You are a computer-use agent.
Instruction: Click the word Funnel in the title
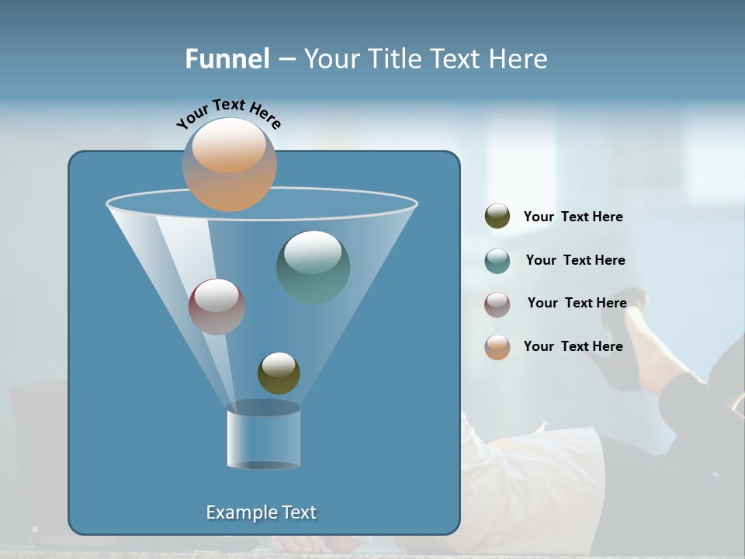[x=227, y=59]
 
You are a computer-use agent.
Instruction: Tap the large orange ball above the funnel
[x=230, y=164]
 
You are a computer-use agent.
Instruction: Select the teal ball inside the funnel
[x=314, y=266]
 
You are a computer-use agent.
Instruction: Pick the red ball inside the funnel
[x=217, y=306]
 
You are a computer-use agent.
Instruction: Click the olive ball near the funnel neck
[x=279, y=373]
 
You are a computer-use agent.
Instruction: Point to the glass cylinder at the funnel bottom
[x=263, y=436]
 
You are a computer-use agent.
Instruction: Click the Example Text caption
[x=261, y=512]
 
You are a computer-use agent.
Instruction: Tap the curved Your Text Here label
[x=229, y=113]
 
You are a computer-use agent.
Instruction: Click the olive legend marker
[x=497, y=217]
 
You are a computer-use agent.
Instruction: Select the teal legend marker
[x=497, y=261]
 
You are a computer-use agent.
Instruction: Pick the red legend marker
[x=497, y=304]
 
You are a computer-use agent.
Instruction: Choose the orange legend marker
[x=497, y=346]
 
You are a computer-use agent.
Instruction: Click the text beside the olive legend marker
[x=573, y=217]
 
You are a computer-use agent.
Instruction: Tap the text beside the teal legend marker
[x=575, y=260]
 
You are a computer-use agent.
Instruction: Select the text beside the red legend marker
[x=577, y=303]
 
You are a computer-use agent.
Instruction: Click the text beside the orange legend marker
[x=573, y=346]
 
